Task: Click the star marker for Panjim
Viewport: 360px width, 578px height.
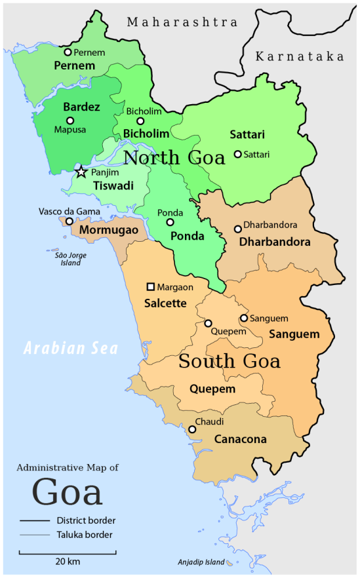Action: pos(81,172)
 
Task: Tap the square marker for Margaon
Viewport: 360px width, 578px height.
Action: pos(151,287)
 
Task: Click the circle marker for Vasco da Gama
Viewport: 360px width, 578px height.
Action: pos(70,222)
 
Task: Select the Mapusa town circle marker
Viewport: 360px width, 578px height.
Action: pos(70,121)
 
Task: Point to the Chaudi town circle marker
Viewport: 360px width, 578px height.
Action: pos(192,430)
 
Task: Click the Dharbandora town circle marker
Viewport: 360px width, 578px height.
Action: pos(238,229)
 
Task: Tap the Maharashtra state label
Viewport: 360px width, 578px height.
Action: pos(182,22)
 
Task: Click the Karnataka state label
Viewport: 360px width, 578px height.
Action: pos(300,57)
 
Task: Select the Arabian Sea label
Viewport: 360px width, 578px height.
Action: pos(71,348)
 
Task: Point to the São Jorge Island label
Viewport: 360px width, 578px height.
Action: pos(67,259)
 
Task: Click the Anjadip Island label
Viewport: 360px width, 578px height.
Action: pos(201,562)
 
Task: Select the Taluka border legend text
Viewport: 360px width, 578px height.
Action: pos(84,535)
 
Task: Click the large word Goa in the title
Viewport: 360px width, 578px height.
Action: pos(67,492)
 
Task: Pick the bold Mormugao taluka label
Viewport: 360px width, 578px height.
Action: pos(108,231)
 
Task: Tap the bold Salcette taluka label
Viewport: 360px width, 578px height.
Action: pos(165,303)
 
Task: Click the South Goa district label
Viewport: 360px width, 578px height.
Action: pos(230,361)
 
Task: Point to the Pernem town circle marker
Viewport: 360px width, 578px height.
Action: pos(68,52)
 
